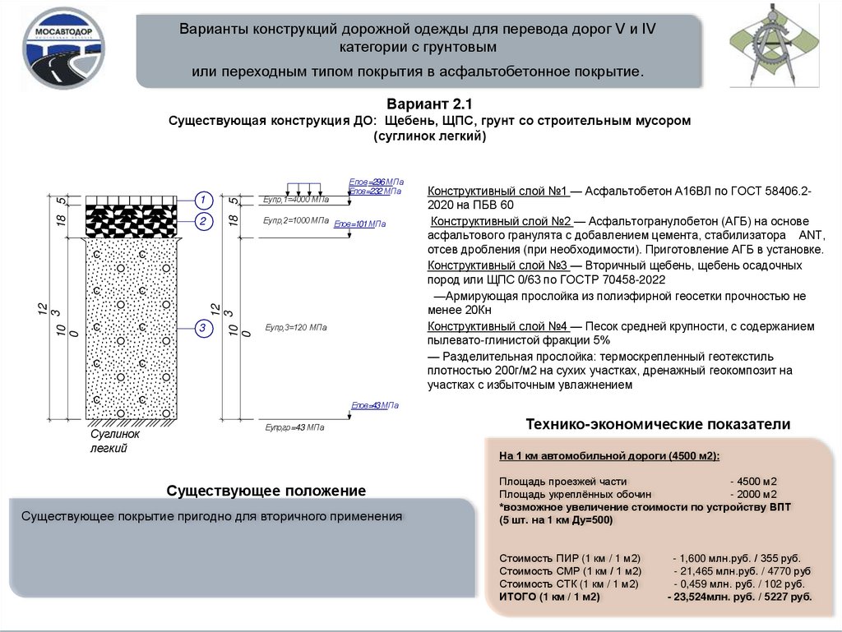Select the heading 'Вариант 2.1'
[x=430, y=104]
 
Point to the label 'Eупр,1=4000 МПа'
[x=296, y=201]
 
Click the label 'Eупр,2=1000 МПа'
[x=296, y=221]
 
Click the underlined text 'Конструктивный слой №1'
[x=497, y=191]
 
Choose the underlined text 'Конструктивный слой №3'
[x=497, y=266]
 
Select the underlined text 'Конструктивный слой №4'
[x=497, y=326]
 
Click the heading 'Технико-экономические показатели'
[x=658, y=424]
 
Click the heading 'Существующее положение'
[x=266, y=491]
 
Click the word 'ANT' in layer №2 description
[x=799, y=235]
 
